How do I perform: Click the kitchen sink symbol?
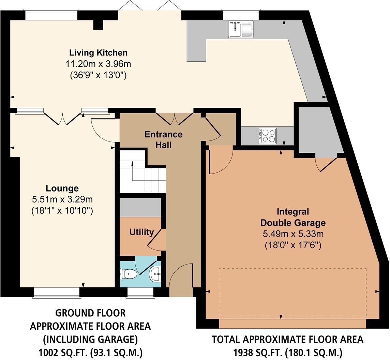click(241, 29)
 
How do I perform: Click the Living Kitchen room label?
click(98, 53)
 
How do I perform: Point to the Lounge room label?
click(62, 188)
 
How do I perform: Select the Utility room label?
click(141, 232)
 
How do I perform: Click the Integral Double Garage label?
click(293, 217)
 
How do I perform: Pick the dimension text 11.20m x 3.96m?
click(98, 64)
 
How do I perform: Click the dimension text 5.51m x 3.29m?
click(62, 199)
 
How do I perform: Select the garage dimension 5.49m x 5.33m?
click(293, 234)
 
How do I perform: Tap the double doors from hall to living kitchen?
click(175, 119)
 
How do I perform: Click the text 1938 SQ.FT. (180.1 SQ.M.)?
click(287, 352)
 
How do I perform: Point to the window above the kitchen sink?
click(240, 15)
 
